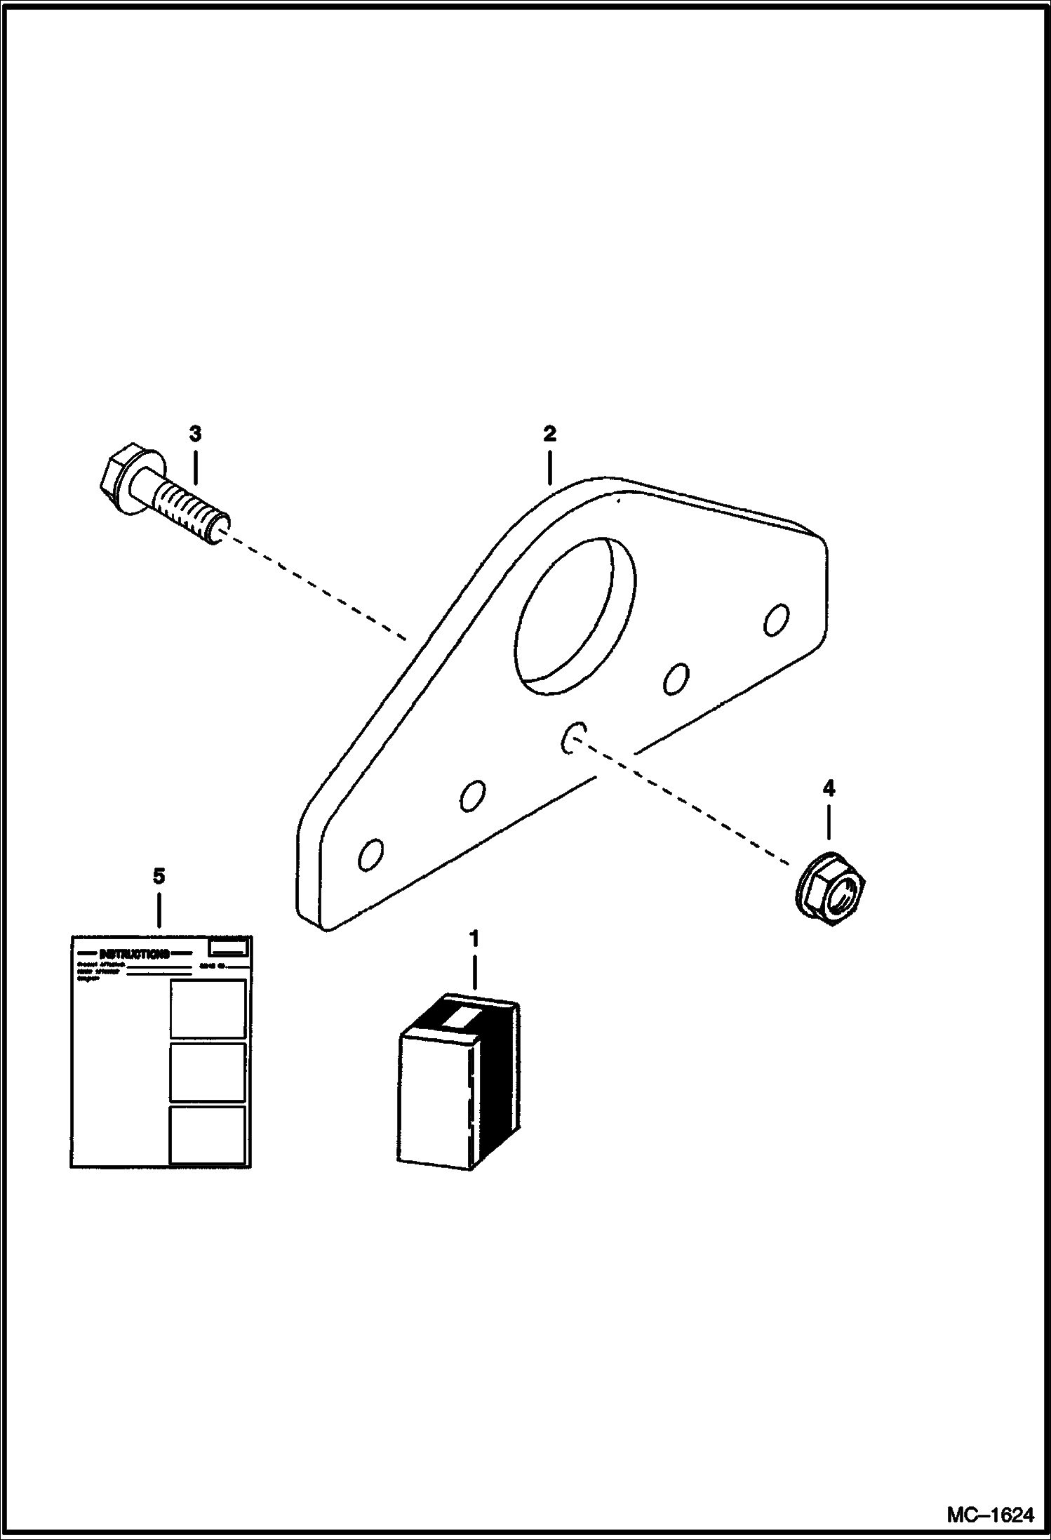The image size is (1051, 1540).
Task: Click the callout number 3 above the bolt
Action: (x=195, y=434)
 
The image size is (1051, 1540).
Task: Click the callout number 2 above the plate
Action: (x=549, y=434)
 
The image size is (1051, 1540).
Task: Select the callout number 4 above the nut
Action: (x=829, y=788)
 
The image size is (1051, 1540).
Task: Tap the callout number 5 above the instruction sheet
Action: (x=159, y=876)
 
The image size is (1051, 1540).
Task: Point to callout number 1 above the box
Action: (x=474, y=938)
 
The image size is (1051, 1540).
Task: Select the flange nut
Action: (x=831, y=889)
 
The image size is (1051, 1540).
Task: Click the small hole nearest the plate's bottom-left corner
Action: (x=370, y=855)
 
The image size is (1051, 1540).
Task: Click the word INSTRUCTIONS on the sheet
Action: (x=134, y=954)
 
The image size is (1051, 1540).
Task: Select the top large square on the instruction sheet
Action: (x=208, y=1009)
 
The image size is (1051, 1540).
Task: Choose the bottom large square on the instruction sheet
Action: (x=208, y=1134)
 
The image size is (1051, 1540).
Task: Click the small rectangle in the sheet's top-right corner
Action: (x=229, y=948)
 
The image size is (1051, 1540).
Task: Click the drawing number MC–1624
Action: (x=990, y=1516)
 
